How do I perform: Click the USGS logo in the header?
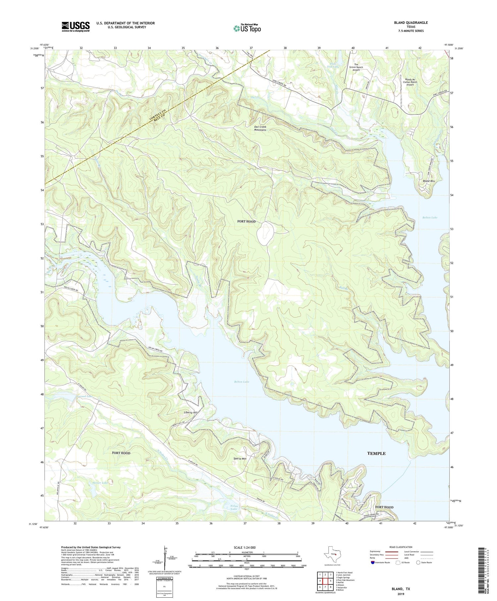[x=76, y=27]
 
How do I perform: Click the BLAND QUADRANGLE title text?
[x=411, y=23]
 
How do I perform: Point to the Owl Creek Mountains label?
[x=260, y=128]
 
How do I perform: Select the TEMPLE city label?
[x=376, y=453]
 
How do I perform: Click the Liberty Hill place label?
[x=191, y=412]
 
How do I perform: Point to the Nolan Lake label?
[x=236, y=508]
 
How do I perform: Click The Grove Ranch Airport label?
[x=356, y=67]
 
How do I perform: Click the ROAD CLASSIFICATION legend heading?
[x=401, y=547]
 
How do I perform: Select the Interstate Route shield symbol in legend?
[x=372, y=563]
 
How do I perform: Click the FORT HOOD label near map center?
[x=246, y=221]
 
